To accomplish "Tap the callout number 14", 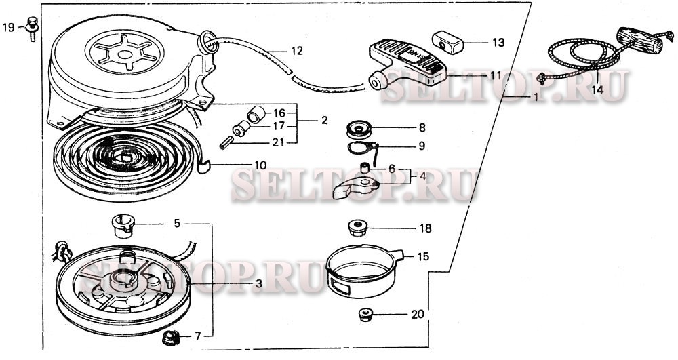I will pos(597,89).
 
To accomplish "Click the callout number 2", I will pos(324,120).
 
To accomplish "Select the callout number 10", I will pos(260,165).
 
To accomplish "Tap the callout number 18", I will pos(425,228).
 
